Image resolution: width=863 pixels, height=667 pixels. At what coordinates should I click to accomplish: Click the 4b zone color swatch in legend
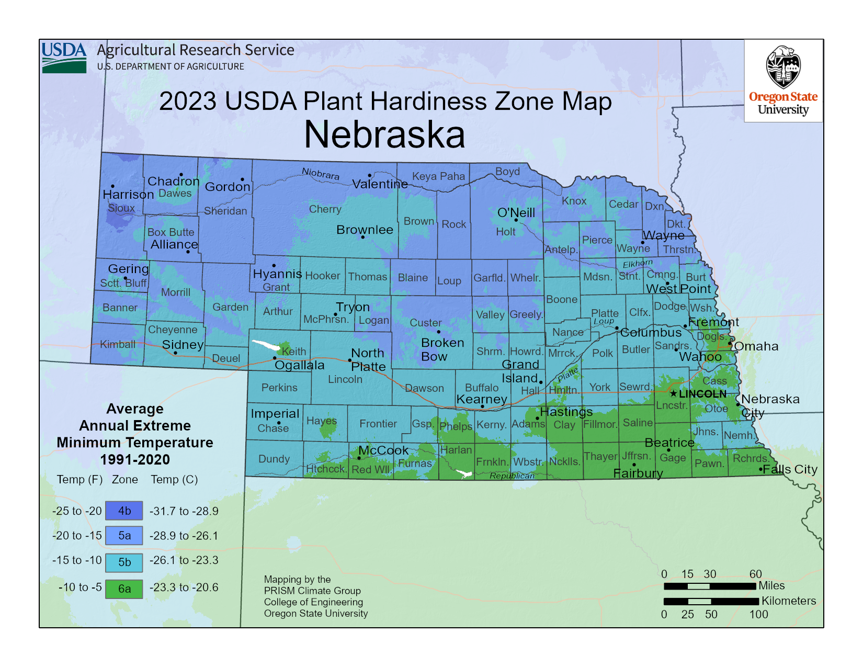tap(124, 511)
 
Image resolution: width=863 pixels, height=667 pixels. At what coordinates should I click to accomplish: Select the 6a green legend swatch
tap(124, 589)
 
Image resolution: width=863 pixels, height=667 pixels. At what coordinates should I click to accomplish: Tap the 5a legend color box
tap(124, 535)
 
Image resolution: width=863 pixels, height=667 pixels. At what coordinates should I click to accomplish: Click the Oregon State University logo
tap(783, 81)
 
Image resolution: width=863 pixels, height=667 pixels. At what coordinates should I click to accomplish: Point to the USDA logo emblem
tap(64, 58)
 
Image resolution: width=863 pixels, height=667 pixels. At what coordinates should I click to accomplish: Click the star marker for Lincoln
tap(674, 393)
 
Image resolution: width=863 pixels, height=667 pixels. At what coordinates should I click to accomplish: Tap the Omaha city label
tap(756, 346)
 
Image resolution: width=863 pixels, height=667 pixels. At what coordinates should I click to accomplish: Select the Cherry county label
tap(325, 209)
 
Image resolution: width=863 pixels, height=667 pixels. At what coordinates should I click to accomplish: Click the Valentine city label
tap(380, 184)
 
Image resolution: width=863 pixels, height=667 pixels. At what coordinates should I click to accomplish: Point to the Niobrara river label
tap(321, 174)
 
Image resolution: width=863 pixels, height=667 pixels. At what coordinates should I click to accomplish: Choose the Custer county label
tap(425, 323)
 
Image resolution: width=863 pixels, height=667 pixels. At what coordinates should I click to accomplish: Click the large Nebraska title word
tap(384, 135)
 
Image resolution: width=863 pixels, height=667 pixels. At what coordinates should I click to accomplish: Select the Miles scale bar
tap(710, 586)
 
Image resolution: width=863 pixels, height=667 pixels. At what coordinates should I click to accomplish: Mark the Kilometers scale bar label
tap(788, 601)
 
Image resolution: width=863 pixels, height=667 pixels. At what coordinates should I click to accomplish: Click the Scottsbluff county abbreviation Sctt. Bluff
tap(123, 283)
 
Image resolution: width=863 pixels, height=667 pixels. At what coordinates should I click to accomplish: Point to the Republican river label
tap(512, 476)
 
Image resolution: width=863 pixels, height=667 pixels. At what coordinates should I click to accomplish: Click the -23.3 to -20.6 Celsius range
tap(184, 587)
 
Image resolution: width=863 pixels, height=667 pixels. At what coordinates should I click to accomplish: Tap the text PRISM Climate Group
tap(312, 591)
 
